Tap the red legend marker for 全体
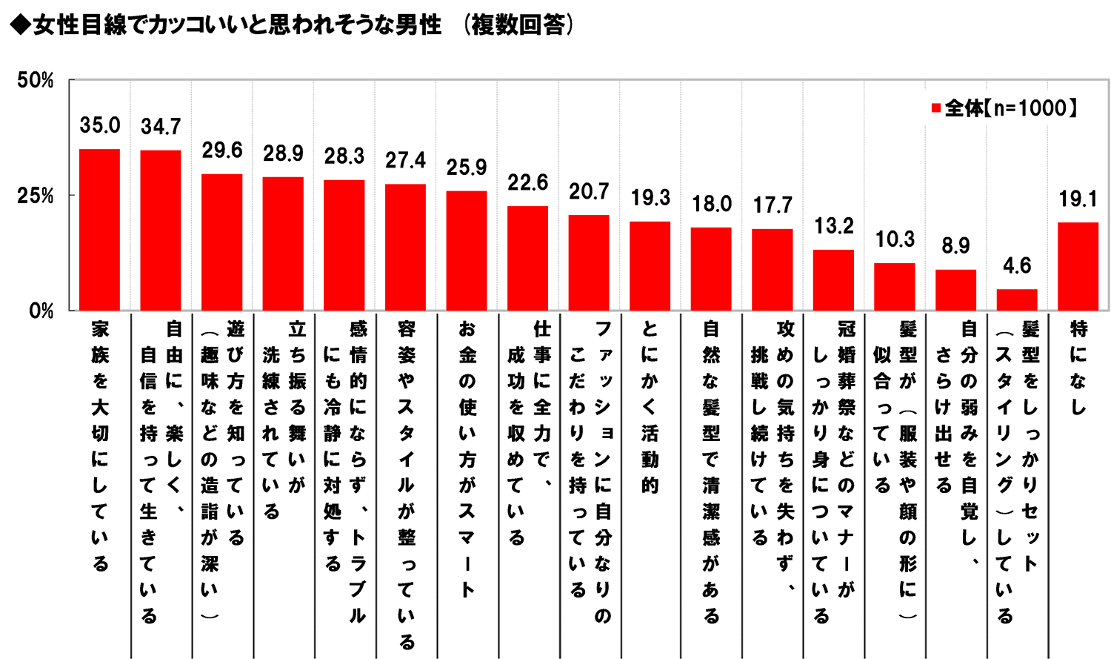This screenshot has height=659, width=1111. tap(935, 109)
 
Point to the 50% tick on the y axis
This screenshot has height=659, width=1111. tap(36, 80)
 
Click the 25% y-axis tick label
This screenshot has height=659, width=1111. tap(36, 196)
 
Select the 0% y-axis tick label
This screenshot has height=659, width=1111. tap(41, 311)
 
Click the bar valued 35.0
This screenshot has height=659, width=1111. tap(99, 230)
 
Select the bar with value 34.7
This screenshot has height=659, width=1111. tap(161, 231)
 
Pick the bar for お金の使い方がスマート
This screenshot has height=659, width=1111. tap(467, 251)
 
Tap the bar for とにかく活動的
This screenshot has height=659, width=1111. tap(650, 266)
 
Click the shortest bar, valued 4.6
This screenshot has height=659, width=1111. tap(1017, 300)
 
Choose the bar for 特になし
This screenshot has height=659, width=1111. tap(1078, 266)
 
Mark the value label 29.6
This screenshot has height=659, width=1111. tap(222, 150)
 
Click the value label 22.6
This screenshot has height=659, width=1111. tap(527, 182)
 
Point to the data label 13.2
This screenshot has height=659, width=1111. tap(833, 226)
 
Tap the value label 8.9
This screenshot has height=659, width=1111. tap(955, 246)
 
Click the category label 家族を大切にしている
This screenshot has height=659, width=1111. tap(100, 445)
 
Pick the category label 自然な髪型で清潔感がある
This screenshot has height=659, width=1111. tap(711, 471)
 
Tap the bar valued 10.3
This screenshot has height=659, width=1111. tap(895, 287)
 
